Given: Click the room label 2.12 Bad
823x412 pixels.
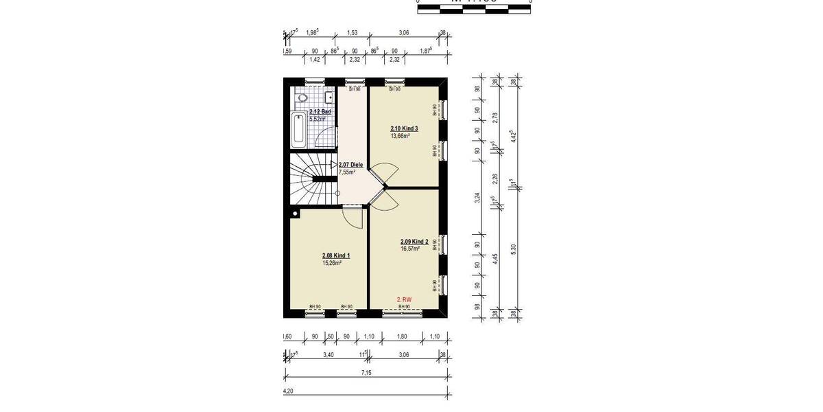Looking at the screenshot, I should tap(320, 111).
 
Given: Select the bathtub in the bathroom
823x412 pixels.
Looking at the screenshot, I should tap(299, 130).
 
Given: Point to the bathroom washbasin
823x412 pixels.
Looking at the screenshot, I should tap(329, 95).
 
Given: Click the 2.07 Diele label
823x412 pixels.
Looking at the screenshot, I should tap(350, 165).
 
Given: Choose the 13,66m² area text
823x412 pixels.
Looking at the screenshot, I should tap(400, 136).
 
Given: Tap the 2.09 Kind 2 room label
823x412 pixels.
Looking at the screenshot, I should tap(414, 242).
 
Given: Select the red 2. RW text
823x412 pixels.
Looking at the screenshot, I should tap(405, 299).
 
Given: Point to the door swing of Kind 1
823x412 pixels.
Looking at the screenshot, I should tap(353, 219).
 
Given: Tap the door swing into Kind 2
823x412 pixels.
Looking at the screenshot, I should tap(383, 200).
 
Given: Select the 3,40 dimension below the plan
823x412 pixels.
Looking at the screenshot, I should tap(328, 356).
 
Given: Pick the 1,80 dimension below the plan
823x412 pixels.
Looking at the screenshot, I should tap(402, 337).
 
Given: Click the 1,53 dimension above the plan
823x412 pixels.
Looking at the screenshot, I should tap(352, 32).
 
